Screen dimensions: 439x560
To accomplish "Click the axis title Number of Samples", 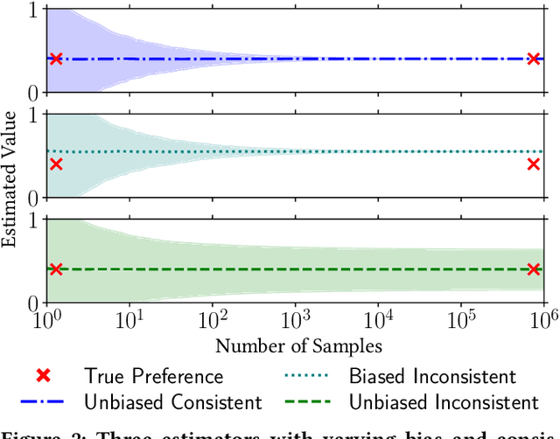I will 298,345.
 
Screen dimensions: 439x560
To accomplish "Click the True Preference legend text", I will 153,377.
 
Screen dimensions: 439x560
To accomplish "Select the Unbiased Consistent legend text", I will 172,402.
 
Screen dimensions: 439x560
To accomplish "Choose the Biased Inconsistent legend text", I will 432,377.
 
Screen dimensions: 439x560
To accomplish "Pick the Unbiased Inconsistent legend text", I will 443,402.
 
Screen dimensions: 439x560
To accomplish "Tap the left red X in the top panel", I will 56,59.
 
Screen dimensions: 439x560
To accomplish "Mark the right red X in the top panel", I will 534,59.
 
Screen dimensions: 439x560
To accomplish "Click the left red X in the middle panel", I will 56,164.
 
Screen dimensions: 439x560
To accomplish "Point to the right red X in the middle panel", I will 534,164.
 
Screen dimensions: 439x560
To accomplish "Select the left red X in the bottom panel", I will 56,269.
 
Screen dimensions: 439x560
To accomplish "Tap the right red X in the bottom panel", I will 534,269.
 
